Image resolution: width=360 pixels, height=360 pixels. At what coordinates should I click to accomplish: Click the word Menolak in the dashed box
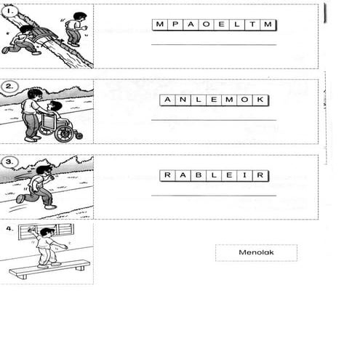click(x=255, y=253)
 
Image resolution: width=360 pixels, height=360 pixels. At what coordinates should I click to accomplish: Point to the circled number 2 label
click(x=9, y=86)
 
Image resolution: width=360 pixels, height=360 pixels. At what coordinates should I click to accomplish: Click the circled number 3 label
click(x=9, y=161)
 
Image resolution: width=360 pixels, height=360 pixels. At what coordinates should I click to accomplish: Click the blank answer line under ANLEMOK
click(x=214, y=120)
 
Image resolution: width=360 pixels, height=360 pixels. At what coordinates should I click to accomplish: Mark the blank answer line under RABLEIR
click(x=214, y=196)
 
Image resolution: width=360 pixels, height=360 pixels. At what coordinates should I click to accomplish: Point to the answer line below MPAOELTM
click(x=214, y=45)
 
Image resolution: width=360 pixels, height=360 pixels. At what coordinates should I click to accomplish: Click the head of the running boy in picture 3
click(x=46, y=170)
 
